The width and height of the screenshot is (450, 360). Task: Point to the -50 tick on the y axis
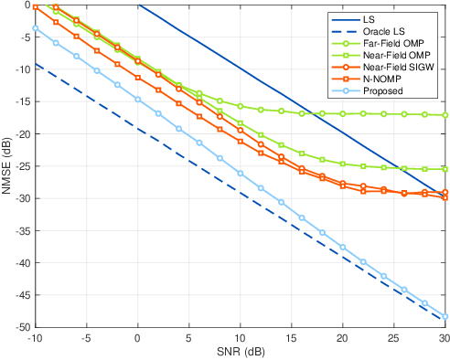coord(20,327)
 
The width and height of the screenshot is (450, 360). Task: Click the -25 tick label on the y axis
coord(20,166)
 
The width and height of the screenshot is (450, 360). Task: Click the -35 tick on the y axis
coord(20,230)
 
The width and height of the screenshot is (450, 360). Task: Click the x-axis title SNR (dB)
coord(240,352)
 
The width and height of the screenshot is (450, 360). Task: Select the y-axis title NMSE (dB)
coord(7,166)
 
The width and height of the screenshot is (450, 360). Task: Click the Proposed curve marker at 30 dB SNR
coord(445,316)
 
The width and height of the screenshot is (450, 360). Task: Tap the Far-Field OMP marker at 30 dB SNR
coord(445,115)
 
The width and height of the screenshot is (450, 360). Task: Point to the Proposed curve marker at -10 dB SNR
coord(36,28)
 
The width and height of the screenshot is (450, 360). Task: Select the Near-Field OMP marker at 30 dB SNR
coord(445,169)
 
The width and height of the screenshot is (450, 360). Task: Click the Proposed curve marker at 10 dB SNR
coord(240,173)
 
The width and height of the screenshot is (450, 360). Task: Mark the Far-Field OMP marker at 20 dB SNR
coord(342,114)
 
